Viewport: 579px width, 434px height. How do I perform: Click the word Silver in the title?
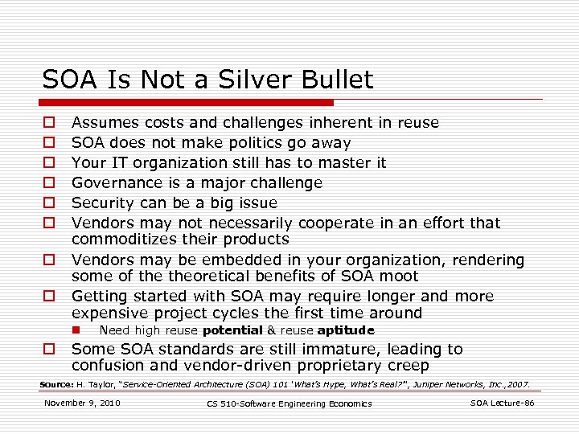270,80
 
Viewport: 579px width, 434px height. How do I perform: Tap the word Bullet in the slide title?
341,80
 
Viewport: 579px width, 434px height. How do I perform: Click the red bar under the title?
188,103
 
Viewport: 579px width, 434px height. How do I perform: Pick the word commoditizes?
121,240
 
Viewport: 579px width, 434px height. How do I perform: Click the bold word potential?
232,330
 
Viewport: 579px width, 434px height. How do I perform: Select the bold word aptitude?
346,330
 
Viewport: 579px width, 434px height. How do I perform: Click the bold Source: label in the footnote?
56,384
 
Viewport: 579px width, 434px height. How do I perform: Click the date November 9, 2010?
82,403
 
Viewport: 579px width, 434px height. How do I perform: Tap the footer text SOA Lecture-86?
502,403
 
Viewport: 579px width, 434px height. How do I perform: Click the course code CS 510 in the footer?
226,403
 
